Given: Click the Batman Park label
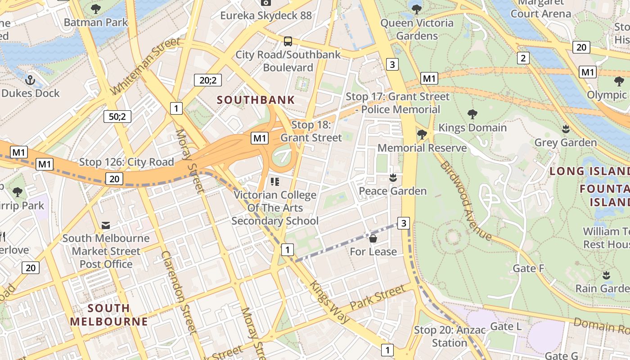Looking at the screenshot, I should pyautogui.click(x=96, y=22).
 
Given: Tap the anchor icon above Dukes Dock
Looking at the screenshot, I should pyautogui.click(x=30, y=81).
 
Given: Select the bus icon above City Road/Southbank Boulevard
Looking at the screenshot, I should pyautogui.click(x=288, y=41).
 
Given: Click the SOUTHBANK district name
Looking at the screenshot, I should pyautogui.click(x=256, y=100).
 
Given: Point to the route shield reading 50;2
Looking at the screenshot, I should pyautogui.click(x=117, y=117).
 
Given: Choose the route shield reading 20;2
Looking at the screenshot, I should pyautogui.click(x=208, y=81).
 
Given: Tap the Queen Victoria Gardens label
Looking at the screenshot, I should pyautogui.click(x=417, y=29).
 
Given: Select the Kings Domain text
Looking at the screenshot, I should pyautogui.click(x=472, y=128).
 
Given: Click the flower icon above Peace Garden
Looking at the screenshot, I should pyautogui.click(x=393, y=178).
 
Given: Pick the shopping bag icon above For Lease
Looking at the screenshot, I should pyautogui.click(x=373, y=238).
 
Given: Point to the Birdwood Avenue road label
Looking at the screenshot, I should pyautogui.click(x=466, y=201).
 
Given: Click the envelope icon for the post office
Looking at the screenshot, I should pyautogui.click(x=106, y=225).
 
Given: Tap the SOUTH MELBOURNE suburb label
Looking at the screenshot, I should pyautogui.click(x=109, y=315).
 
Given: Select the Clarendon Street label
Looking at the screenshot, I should pyautogui.click(x=180, y=292).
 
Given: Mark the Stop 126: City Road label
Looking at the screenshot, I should pyautogui.click(x=126, y=162).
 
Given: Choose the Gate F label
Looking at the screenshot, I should pyautogui.click(x=529, y=269).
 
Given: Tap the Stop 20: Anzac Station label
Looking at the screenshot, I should pyautogui.click(x=450, y=336).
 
